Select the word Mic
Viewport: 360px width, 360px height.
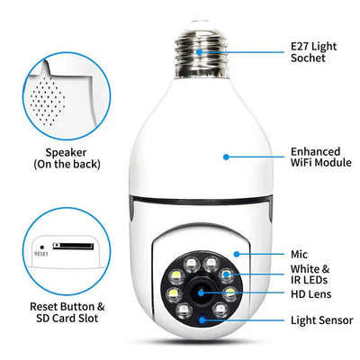tap(300, 256)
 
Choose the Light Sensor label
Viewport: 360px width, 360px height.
tap(321, 320)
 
